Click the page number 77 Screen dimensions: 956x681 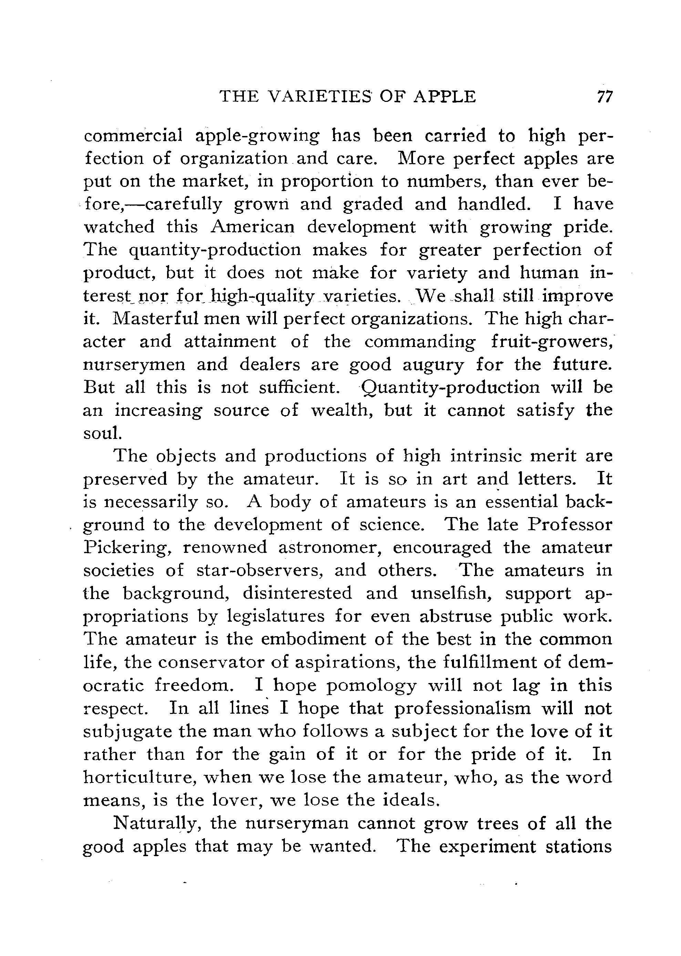604,97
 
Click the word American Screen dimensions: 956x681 253,227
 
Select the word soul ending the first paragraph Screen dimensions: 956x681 102,433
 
